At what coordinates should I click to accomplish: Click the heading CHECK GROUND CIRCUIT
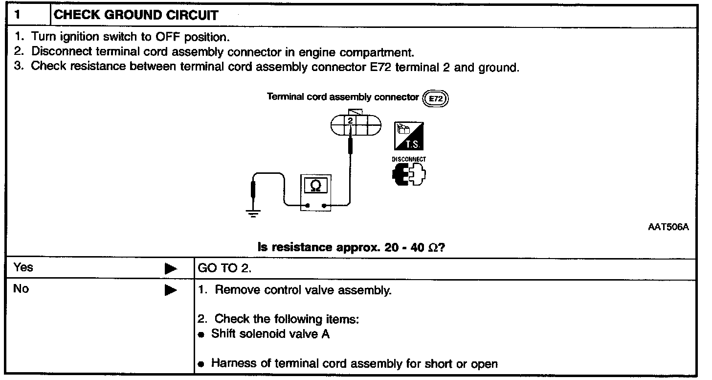(x=136, y=15)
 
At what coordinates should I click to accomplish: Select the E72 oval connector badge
(x=435, y=98)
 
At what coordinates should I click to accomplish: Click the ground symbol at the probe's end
(x=252, y=213)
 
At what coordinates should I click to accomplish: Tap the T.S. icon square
(x=409, y=136)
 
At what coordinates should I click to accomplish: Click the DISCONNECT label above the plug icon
(x=409, y=159)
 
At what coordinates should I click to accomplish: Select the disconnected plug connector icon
(x=409, y=174)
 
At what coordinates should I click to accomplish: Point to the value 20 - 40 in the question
(x=404, y=248)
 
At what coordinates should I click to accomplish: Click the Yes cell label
(x=23, y=267)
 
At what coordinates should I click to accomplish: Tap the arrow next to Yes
(x=170, y=269)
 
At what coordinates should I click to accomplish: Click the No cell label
(x=21, y=289)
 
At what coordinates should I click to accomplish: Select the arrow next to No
(x=170, y=290)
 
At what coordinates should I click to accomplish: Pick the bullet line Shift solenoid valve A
(x=270, y=334)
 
